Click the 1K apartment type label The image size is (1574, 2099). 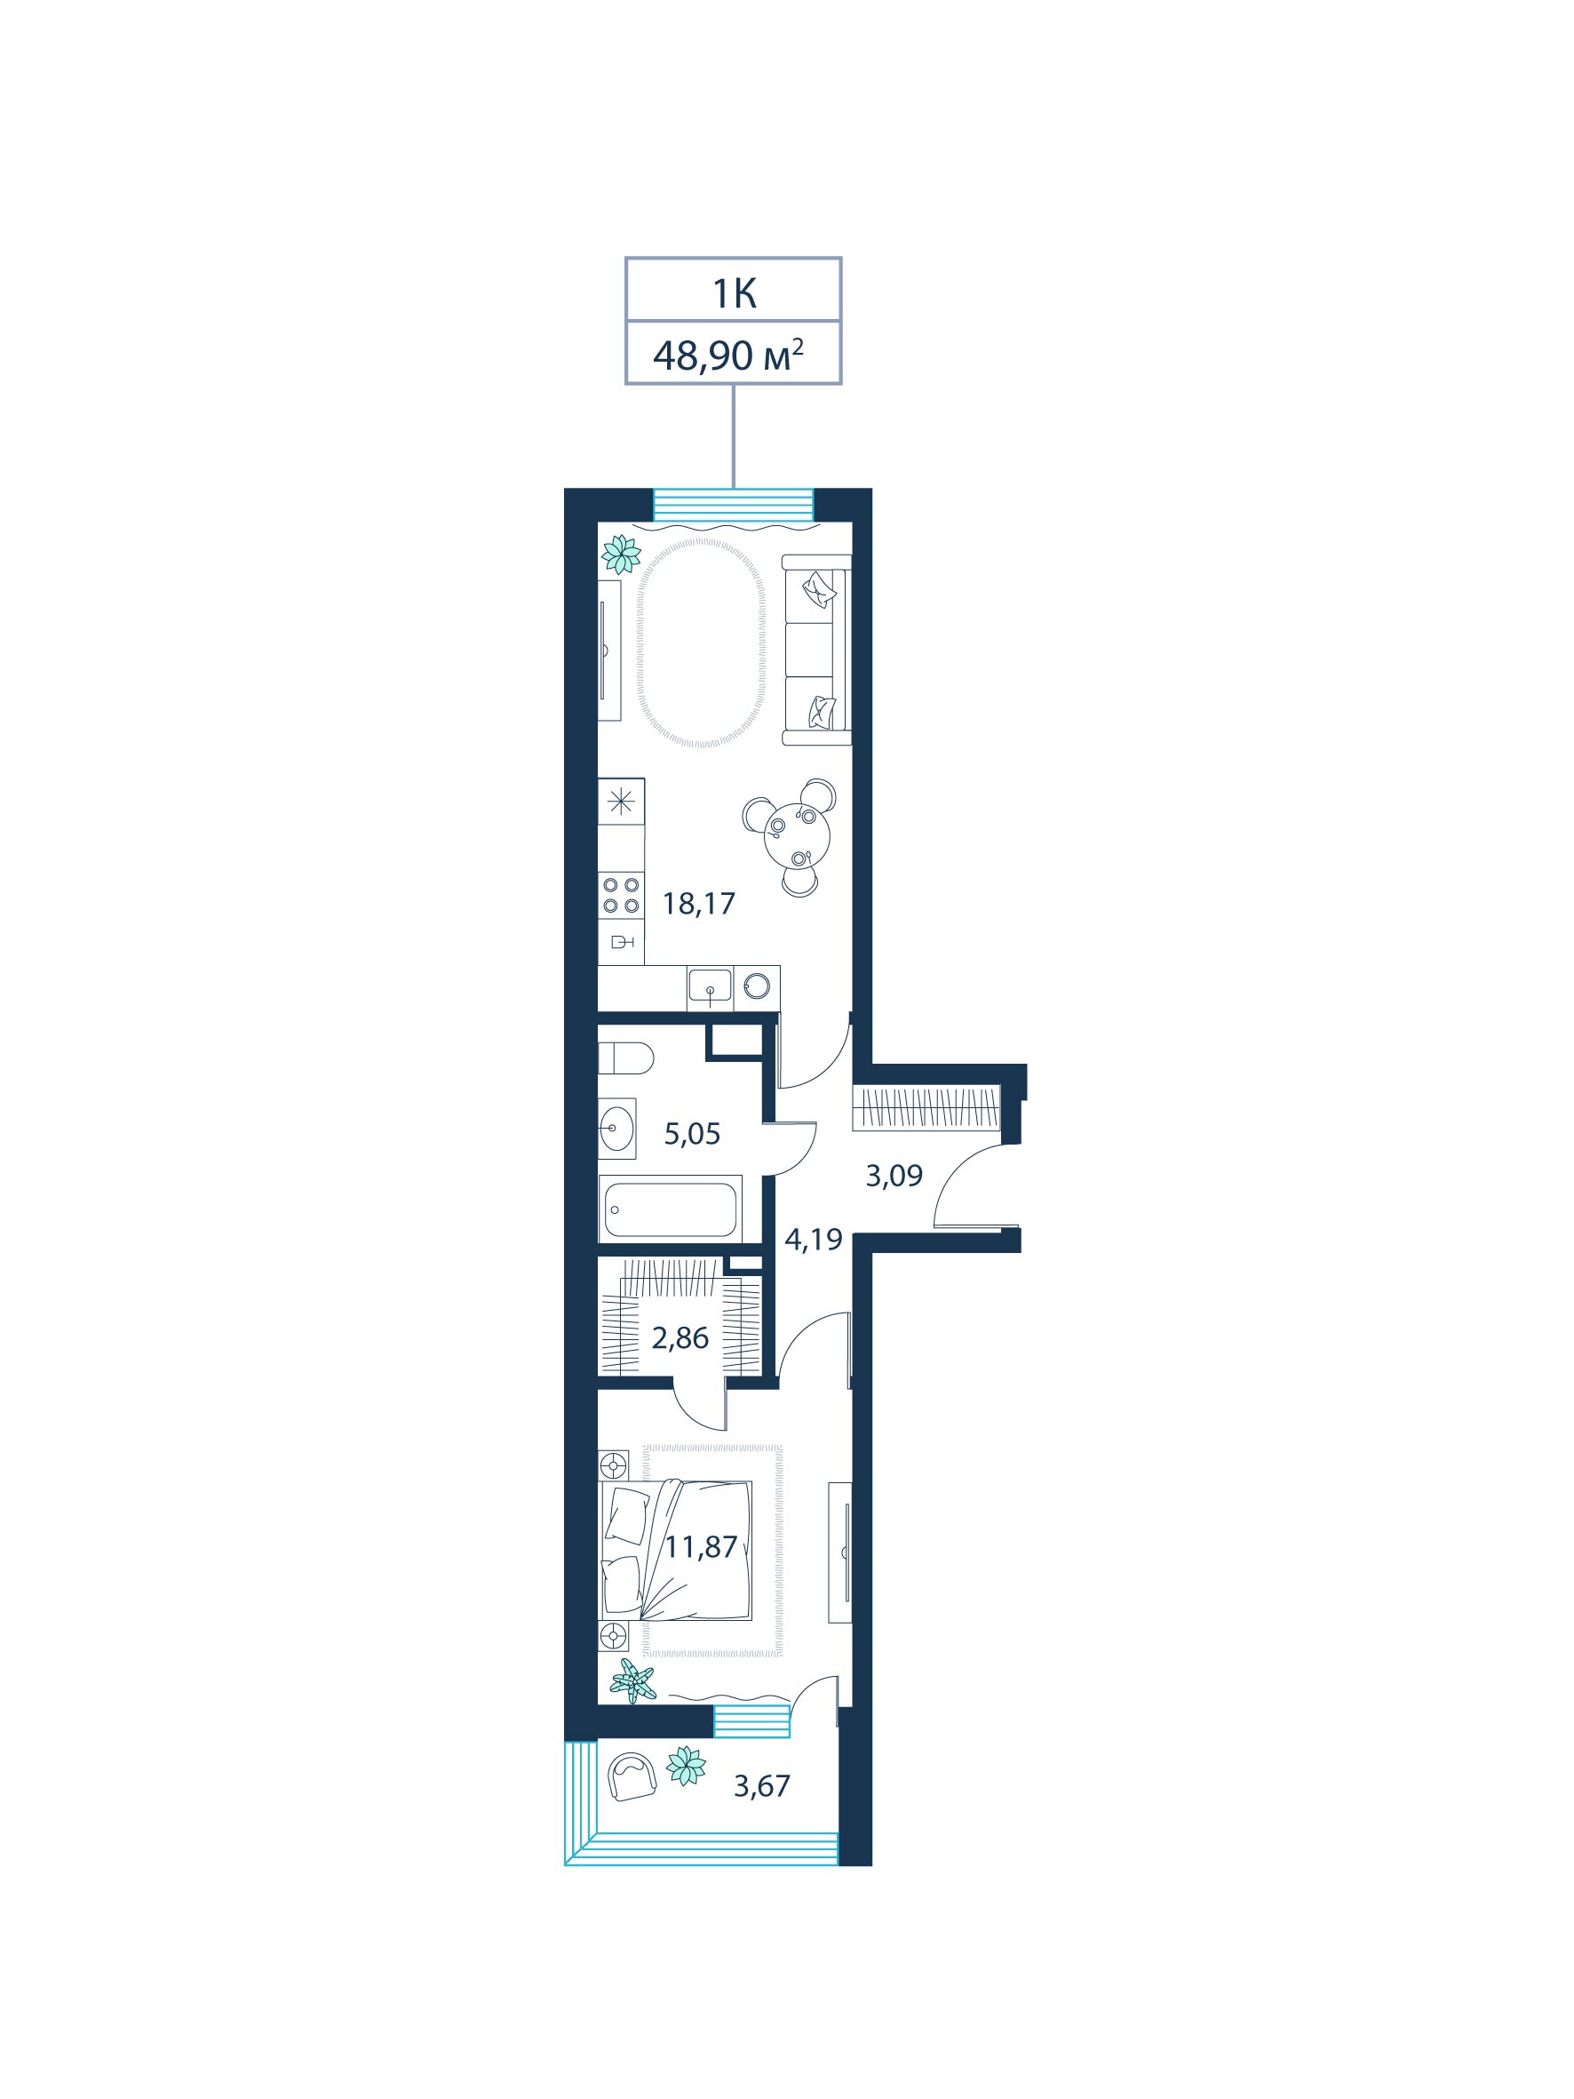click(x=734, y=294)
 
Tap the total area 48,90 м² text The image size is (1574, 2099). click(x=727, y=355)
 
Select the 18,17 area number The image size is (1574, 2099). click(x=698, y=904)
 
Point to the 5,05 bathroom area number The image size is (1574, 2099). click(x=692, y=1134)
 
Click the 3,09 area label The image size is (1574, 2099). click(x=894, y=1176)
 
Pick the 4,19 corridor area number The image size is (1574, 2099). click(x=813, y=1240)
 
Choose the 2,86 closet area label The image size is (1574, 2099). click(x=680, y=1338)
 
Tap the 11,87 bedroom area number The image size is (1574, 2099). click(x=700, y=1547)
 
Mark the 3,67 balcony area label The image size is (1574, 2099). click(x=761, y=1786)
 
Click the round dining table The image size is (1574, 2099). click(x=796, y=835)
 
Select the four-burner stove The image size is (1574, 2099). click(x=621, y=896)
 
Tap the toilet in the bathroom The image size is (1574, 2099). click(x=625, y=1058)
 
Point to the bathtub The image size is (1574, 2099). click(x=670, y=1209)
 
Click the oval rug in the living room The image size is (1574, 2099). click(x=700, y=643)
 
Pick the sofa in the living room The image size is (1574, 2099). click(x=816, y=650)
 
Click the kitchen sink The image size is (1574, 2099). click(x=710, y=987)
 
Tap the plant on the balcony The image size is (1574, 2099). click(x=685, y=1766)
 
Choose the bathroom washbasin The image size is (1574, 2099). click(x=616, y=1129)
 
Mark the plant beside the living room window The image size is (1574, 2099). click(x=622, y=555)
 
